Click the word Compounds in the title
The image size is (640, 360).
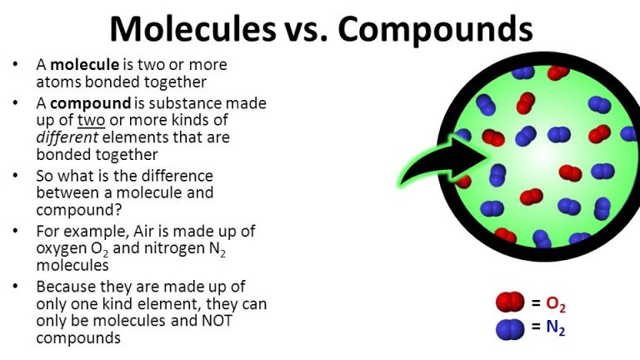click(436, 29)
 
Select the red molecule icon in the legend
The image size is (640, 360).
click(509, 302)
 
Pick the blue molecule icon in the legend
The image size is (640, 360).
click(509, 329)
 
